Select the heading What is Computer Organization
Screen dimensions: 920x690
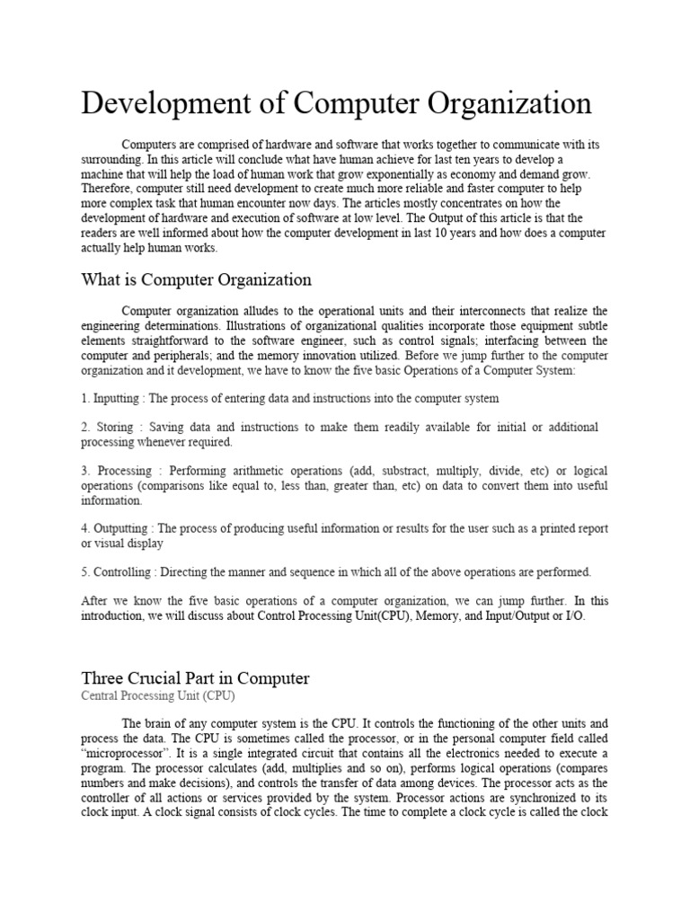197,279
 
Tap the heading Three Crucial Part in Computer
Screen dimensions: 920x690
195,677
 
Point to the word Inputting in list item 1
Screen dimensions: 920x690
118,397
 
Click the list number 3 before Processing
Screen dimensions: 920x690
84,471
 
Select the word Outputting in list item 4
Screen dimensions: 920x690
125,528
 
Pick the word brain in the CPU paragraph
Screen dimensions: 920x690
162,722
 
